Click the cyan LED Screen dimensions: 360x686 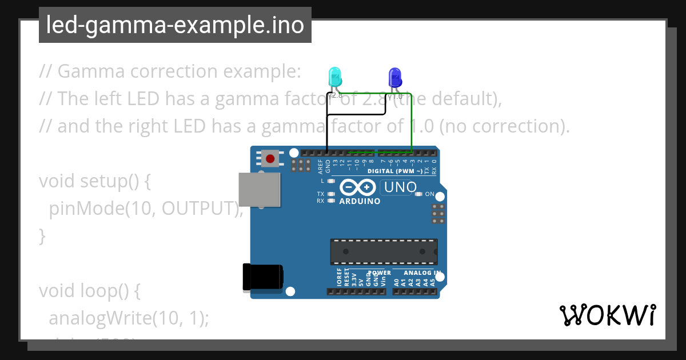click(335, 77)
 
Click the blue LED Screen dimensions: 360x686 click(395, 78)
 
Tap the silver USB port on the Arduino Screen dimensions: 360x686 click(260, 189)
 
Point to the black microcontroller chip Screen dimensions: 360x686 click(383, 251)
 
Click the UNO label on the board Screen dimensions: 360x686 click(400, 187)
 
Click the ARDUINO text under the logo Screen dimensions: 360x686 click(360, 201)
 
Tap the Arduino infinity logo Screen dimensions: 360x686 click(358, 187)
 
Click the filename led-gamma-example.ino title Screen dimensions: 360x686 click(175, 25)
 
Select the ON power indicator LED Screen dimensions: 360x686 click(419, 194)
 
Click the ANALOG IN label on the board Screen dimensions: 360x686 click(422, 273)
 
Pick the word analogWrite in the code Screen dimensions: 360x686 click(95, 318)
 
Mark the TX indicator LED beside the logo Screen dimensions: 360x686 click(331, 194)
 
